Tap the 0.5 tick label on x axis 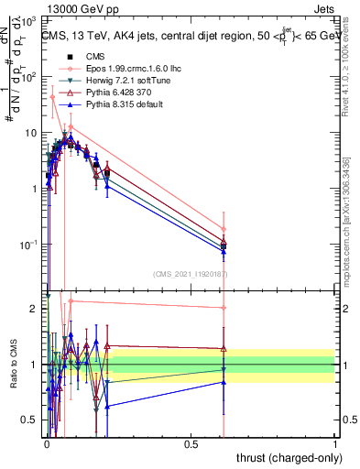191,445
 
